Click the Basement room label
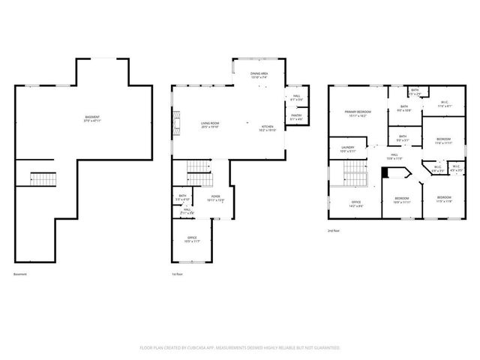tap(93, 118)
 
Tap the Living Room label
tap(209, 124)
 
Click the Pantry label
tap(296, 116)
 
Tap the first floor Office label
tap(192, 239)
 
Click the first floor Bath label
tap(182, 196)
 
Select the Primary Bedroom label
tap(356, 113)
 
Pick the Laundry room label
tap(347, 148)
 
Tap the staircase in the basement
tap(43, 178)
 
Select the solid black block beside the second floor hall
tap(385, 172)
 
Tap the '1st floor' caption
tap(178, 274)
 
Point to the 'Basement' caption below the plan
tap(20, 274)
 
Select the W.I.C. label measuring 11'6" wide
tap(443, 104)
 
